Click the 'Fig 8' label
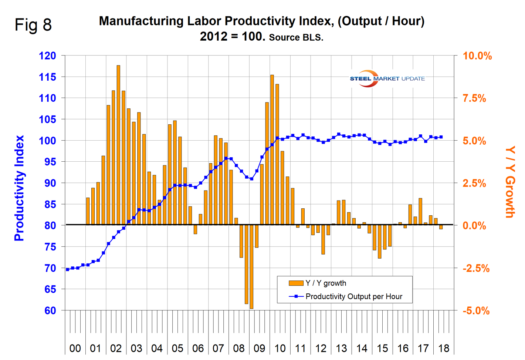[33, 25]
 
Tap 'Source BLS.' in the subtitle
[296, 37]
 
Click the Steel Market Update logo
[387, 78]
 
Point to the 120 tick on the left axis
[47, 56]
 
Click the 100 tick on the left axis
[47, 141]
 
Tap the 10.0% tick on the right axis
[477, 56]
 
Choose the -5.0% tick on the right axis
[476, 311]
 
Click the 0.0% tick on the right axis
[474, 226]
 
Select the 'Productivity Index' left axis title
[19, 188]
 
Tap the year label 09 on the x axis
[259, 348]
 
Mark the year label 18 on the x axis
[443, 348]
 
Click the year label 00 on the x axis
[75, 348]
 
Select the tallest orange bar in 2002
[118, 144]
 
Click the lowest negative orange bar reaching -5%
[251, 266]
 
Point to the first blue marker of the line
[67, 269]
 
